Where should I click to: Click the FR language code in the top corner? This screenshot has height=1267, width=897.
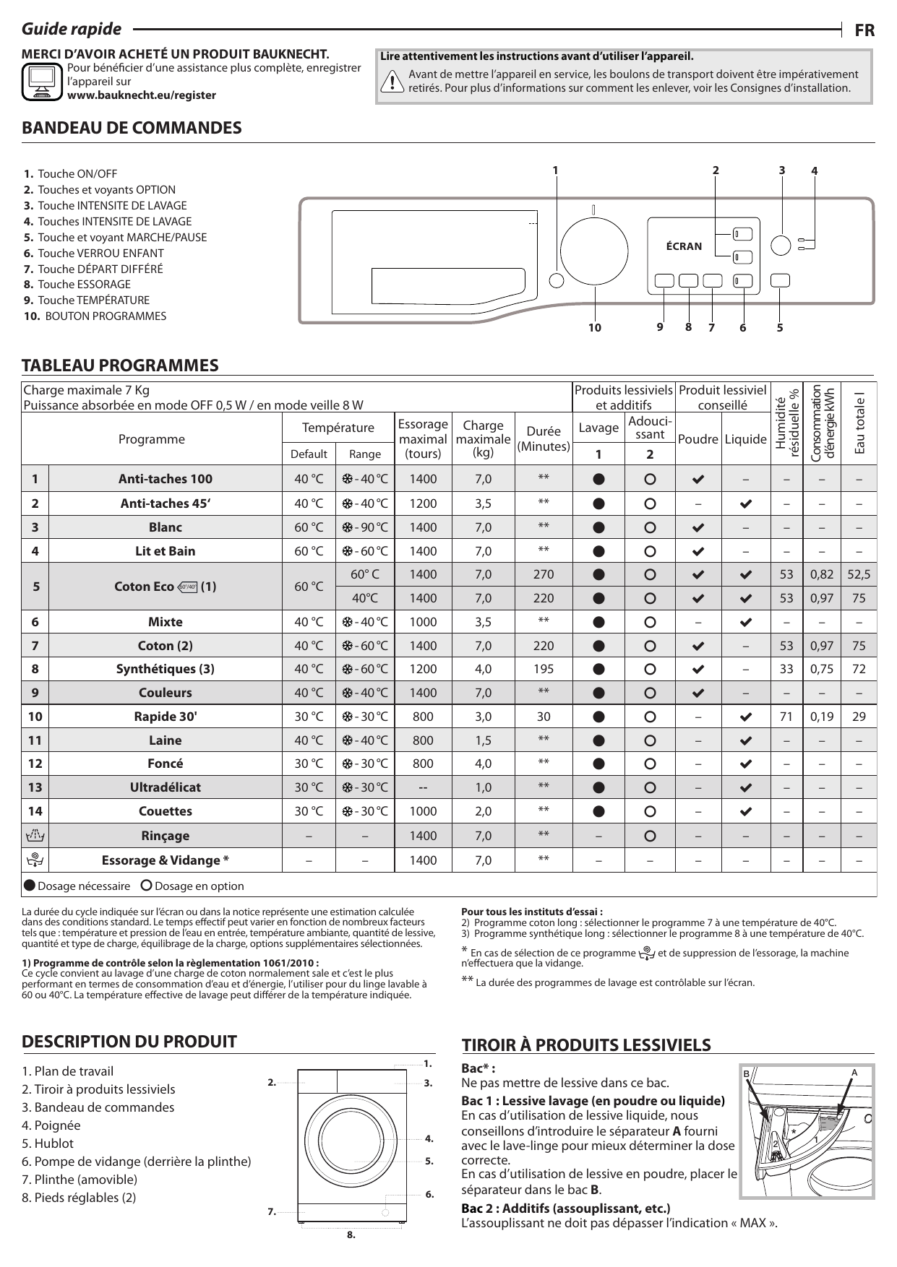click(x=864, y=30)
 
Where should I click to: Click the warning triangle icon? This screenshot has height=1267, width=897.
click(x=392, y=82)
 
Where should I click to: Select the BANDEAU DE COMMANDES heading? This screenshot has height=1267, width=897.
click(x=132, y=128)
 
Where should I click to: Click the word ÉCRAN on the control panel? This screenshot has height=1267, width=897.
click(x=684, y=246)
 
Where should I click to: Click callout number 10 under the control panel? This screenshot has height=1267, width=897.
click(x=594, y=328)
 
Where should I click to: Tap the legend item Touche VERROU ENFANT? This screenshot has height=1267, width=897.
click(x=100, y=253)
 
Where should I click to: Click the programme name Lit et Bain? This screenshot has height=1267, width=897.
click(x=166, y=551)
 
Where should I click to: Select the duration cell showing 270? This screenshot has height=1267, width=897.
click(x=544, y=574)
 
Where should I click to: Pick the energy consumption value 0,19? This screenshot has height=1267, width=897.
click(x=821, y=717)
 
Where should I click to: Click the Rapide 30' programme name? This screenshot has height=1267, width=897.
click(x=166, y=717)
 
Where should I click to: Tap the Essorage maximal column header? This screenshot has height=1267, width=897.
click(x=423, y=438)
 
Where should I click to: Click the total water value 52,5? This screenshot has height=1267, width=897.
click(x=859, y=574)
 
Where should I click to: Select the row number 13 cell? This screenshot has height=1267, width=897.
click(x=35, y=787)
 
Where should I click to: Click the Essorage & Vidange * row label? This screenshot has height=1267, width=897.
click(x=166, y=860)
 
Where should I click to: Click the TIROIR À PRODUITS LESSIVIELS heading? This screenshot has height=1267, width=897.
click(x=586, y=1045)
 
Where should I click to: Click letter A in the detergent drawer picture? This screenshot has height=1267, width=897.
click(x=854, y=1073)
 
